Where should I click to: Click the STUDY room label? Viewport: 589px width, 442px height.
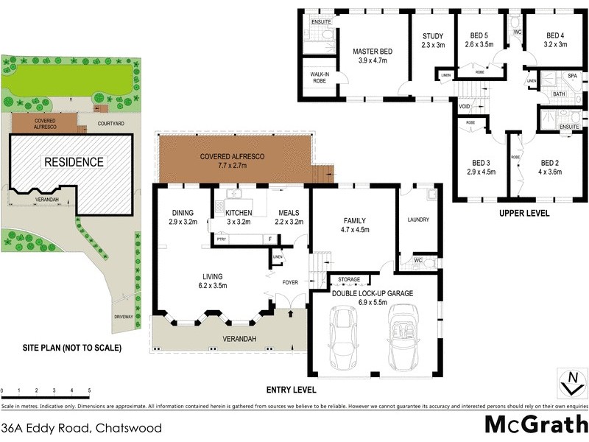[x=433, y=41]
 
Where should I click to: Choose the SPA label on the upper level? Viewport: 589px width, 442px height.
[x=571, y=76]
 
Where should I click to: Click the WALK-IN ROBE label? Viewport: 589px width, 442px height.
[x=317, y=77]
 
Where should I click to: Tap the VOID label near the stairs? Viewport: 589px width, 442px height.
[x=464, y=106]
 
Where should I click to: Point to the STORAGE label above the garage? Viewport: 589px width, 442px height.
[x=349, y=280]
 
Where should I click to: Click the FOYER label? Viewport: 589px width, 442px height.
[x=290, y=281]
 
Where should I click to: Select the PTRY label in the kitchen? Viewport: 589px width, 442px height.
[x=220, y=239]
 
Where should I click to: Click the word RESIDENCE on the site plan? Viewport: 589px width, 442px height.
[x=74, y=161]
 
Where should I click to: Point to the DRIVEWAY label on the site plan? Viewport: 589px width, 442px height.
[x=124, y=317]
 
